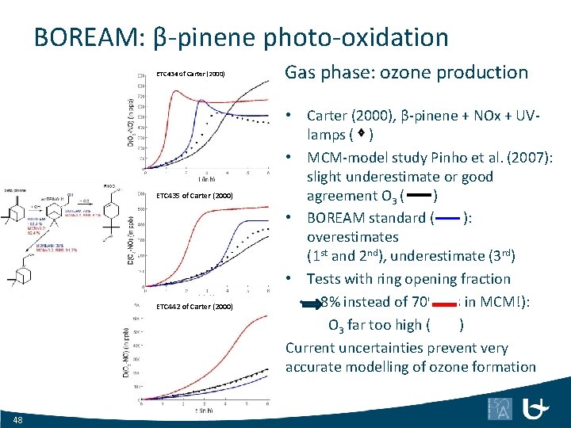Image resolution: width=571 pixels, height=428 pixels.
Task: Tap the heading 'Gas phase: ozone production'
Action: click(x=406, y=73)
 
